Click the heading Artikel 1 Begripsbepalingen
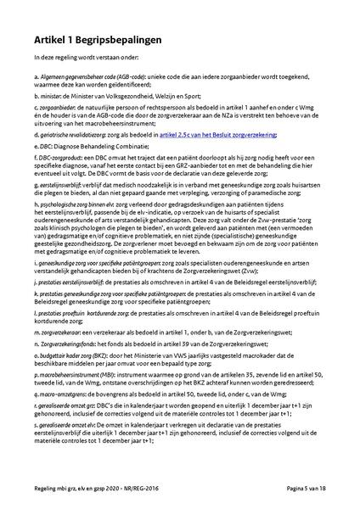click(x=99, y=39)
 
